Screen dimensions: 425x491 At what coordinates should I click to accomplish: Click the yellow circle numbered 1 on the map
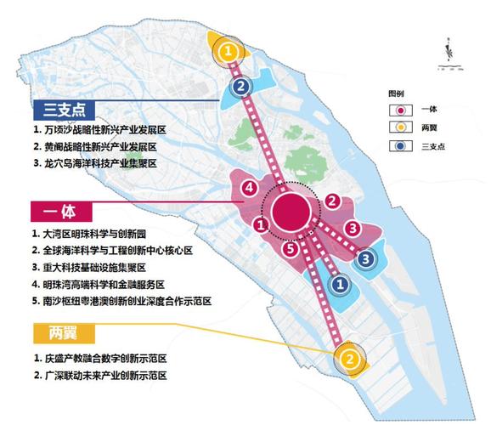click(x=226, y=51)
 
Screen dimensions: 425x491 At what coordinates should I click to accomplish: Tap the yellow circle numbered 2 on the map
click(x=348, y=360)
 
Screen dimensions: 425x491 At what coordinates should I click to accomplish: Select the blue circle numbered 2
click(x=241, y=86)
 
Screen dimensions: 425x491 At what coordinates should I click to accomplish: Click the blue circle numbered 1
click(x=338, y=286)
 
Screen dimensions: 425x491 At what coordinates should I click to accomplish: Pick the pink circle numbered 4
click(x=249, y=188)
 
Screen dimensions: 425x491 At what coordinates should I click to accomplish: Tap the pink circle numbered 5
click(x=290, y=250)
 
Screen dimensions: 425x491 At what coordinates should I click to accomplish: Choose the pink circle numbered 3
click(x=350, y=228)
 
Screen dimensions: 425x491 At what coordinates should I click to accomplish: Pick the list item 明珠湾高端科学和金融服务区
click(x=101, y=284)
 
